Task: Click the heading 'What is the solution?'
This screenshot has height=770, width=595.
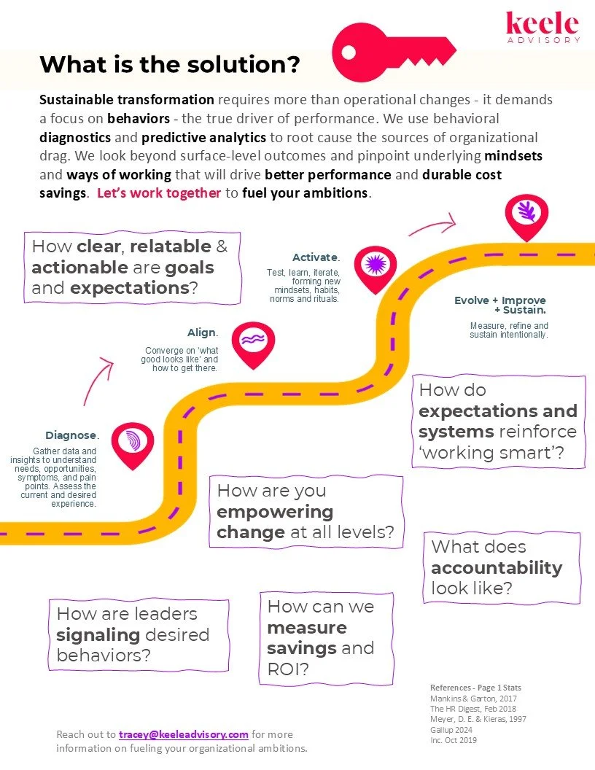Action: coord(169,64)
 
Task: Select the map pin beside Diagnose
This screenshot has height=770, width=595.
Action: coord(133,443)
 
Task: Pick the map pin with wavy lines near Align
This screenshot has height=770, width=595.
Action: coord(254,341)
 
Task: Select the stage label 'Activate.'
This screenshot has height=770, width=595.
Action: coord(316,257)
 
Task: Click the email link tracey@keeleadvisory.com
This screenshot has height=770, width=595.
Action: coord(184,734)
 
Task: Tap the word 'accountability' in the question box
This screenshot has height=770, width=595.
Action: coord(496,568)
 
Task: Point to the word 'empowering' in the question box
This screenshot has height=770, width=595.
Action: coord(275,511)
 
